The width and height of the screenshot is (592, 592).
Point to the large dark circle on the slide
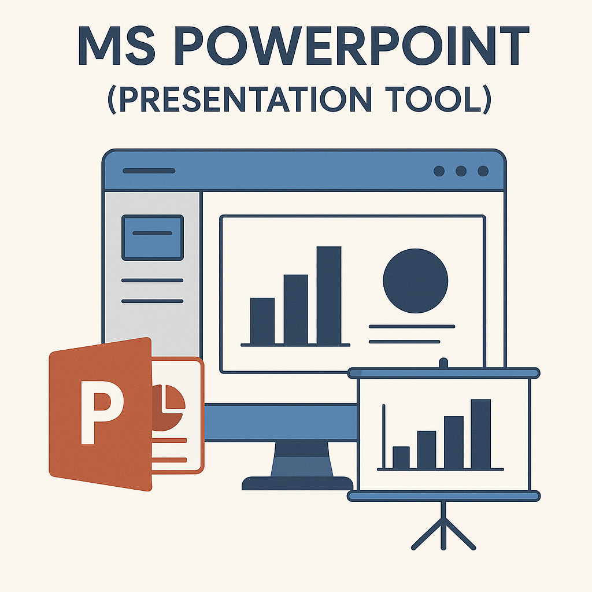tap(415, 281)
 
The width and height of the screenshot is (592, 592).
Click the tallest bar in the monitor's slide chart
tap(329, 295)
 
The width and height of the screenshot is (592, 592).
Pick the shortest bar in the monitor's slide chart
tap(262, 321)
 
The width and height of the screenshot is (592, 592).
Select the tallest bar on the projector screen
tap(481, 434)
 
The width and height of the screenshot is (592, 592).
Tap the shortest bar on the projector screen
tap(401, 457)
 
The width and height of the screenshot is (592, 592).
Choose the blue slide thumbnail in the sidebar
tap(152, 237)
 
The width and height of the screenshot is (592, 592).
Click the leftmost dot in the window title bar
tap(439, 171)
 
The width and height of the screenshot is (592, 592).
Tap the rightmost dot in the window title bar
tap(483, 171)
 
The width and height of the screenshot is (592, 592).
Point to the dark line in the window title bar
tap(149, 171)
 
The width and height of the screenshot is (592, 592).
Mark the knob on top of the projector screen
tap(443, 363)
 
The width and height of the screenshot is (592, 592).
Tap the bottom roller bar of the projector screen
tap(443, 495)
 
